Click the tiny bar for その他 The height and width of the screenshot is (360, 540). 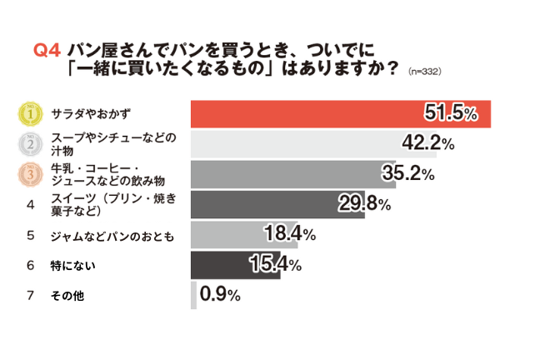(x=194, y=295)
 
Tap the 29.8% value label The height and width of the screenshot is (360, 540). (x=364, y=204)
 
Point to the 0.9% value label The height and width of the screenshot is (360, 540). (x=220, y=295)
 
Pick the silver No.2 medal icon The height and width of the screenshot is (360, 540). (x=30, y=144)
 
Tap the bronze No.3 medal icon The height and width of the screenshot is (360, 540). (x=30, y=174)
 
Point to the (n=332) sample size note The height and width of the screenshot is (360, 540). (x=424, y=72)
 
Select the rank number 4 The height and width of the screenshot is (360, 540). (x=30, y=205)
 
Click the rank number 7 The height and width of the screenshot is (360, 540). (x=30, y=295)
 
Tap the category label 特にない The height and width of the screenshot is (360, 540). (x=70, y=265)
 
